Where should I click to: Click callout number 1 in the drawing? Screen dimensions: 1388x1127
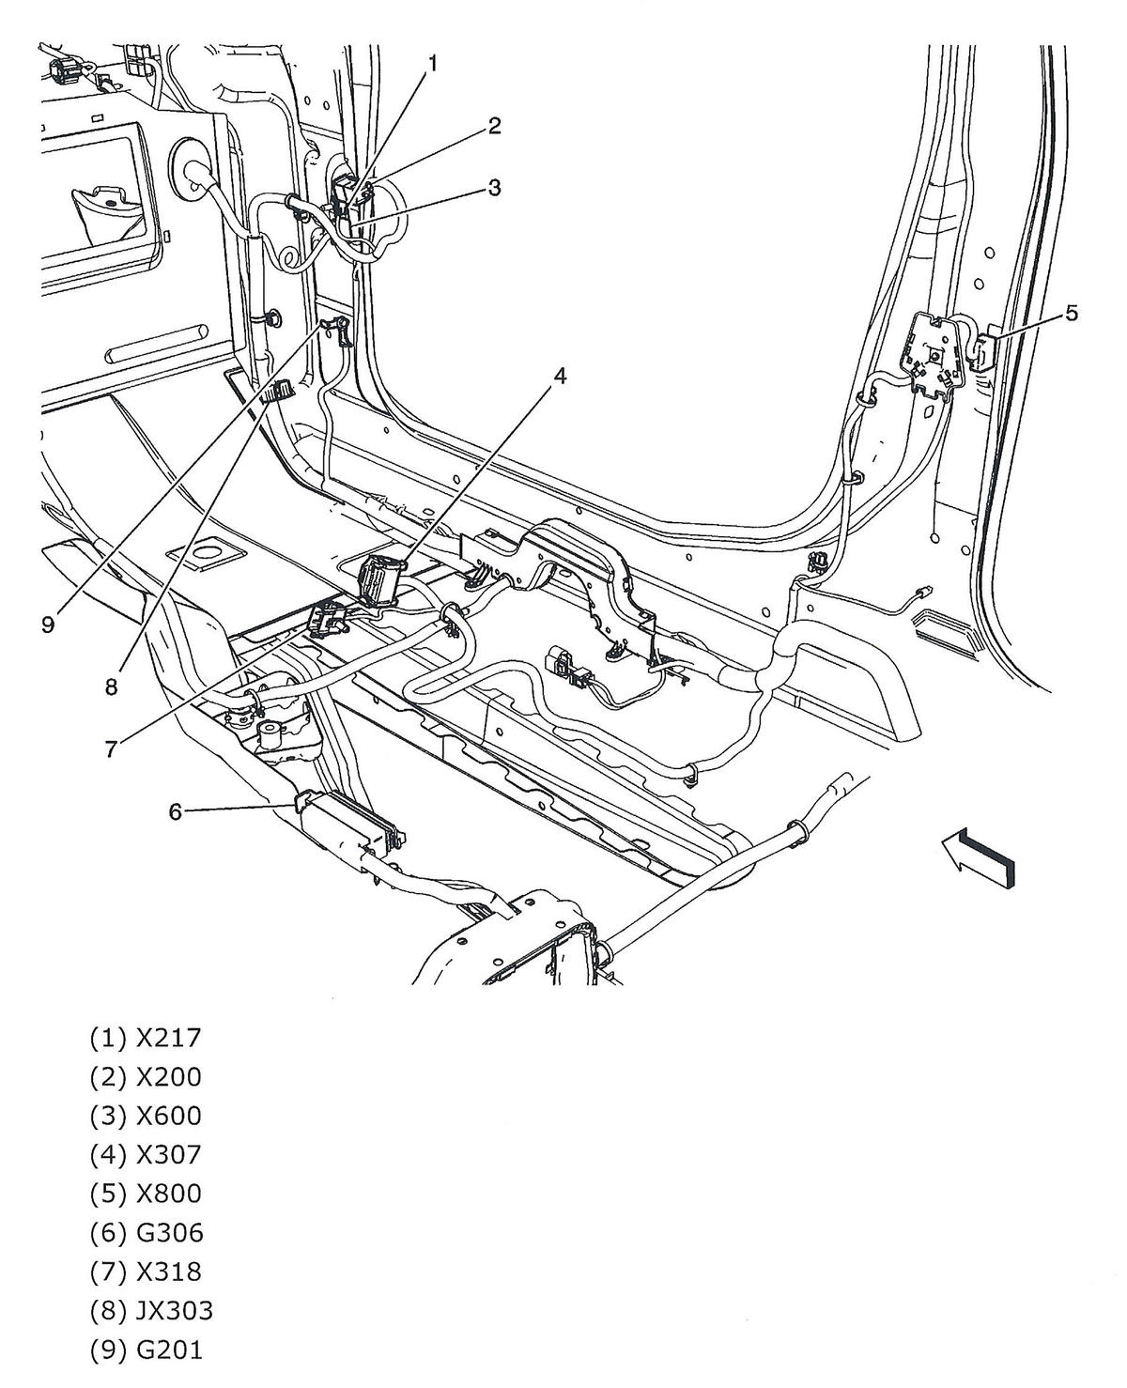(433, 63)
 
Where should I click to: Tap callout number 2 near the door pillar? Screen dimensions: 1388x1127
(494, 126)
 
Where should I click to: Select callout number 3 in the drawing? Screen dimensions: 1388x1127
(494, 188)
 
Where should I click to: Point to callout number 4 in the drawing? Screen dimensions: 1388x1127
(560, 376)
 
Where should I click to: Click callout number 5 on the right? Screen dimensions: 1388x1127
(1072, 313)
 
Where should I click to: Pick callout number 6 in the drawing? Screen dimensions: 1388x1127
(176, 811)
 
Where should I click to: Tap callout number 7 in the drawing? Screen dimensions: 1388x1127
(112, 748)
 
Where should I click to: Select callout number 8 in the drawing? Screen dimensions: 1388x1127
(112, 686)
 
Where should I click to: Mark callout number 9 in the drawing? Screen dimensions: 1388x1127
(49, 625)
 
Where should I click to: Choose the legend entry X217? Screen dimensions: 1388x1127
(146, 1038)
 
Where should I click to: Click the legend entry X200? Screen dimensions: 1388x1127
(146, 1076)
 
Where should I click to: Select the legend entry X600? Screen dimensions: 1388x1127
(146, 1116)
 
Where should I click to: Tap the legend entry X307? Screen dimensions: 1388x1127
(146, 1154)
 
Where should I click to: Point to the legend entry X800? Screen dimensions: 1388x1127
(146, 1194)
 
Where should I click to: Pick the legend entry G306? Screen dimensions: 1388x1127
(146, 1232)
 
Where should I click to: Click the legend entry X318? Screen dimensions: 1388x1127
(146, 1272)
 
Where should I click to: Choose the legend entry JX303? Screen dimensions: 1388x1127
(151, 1310)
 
